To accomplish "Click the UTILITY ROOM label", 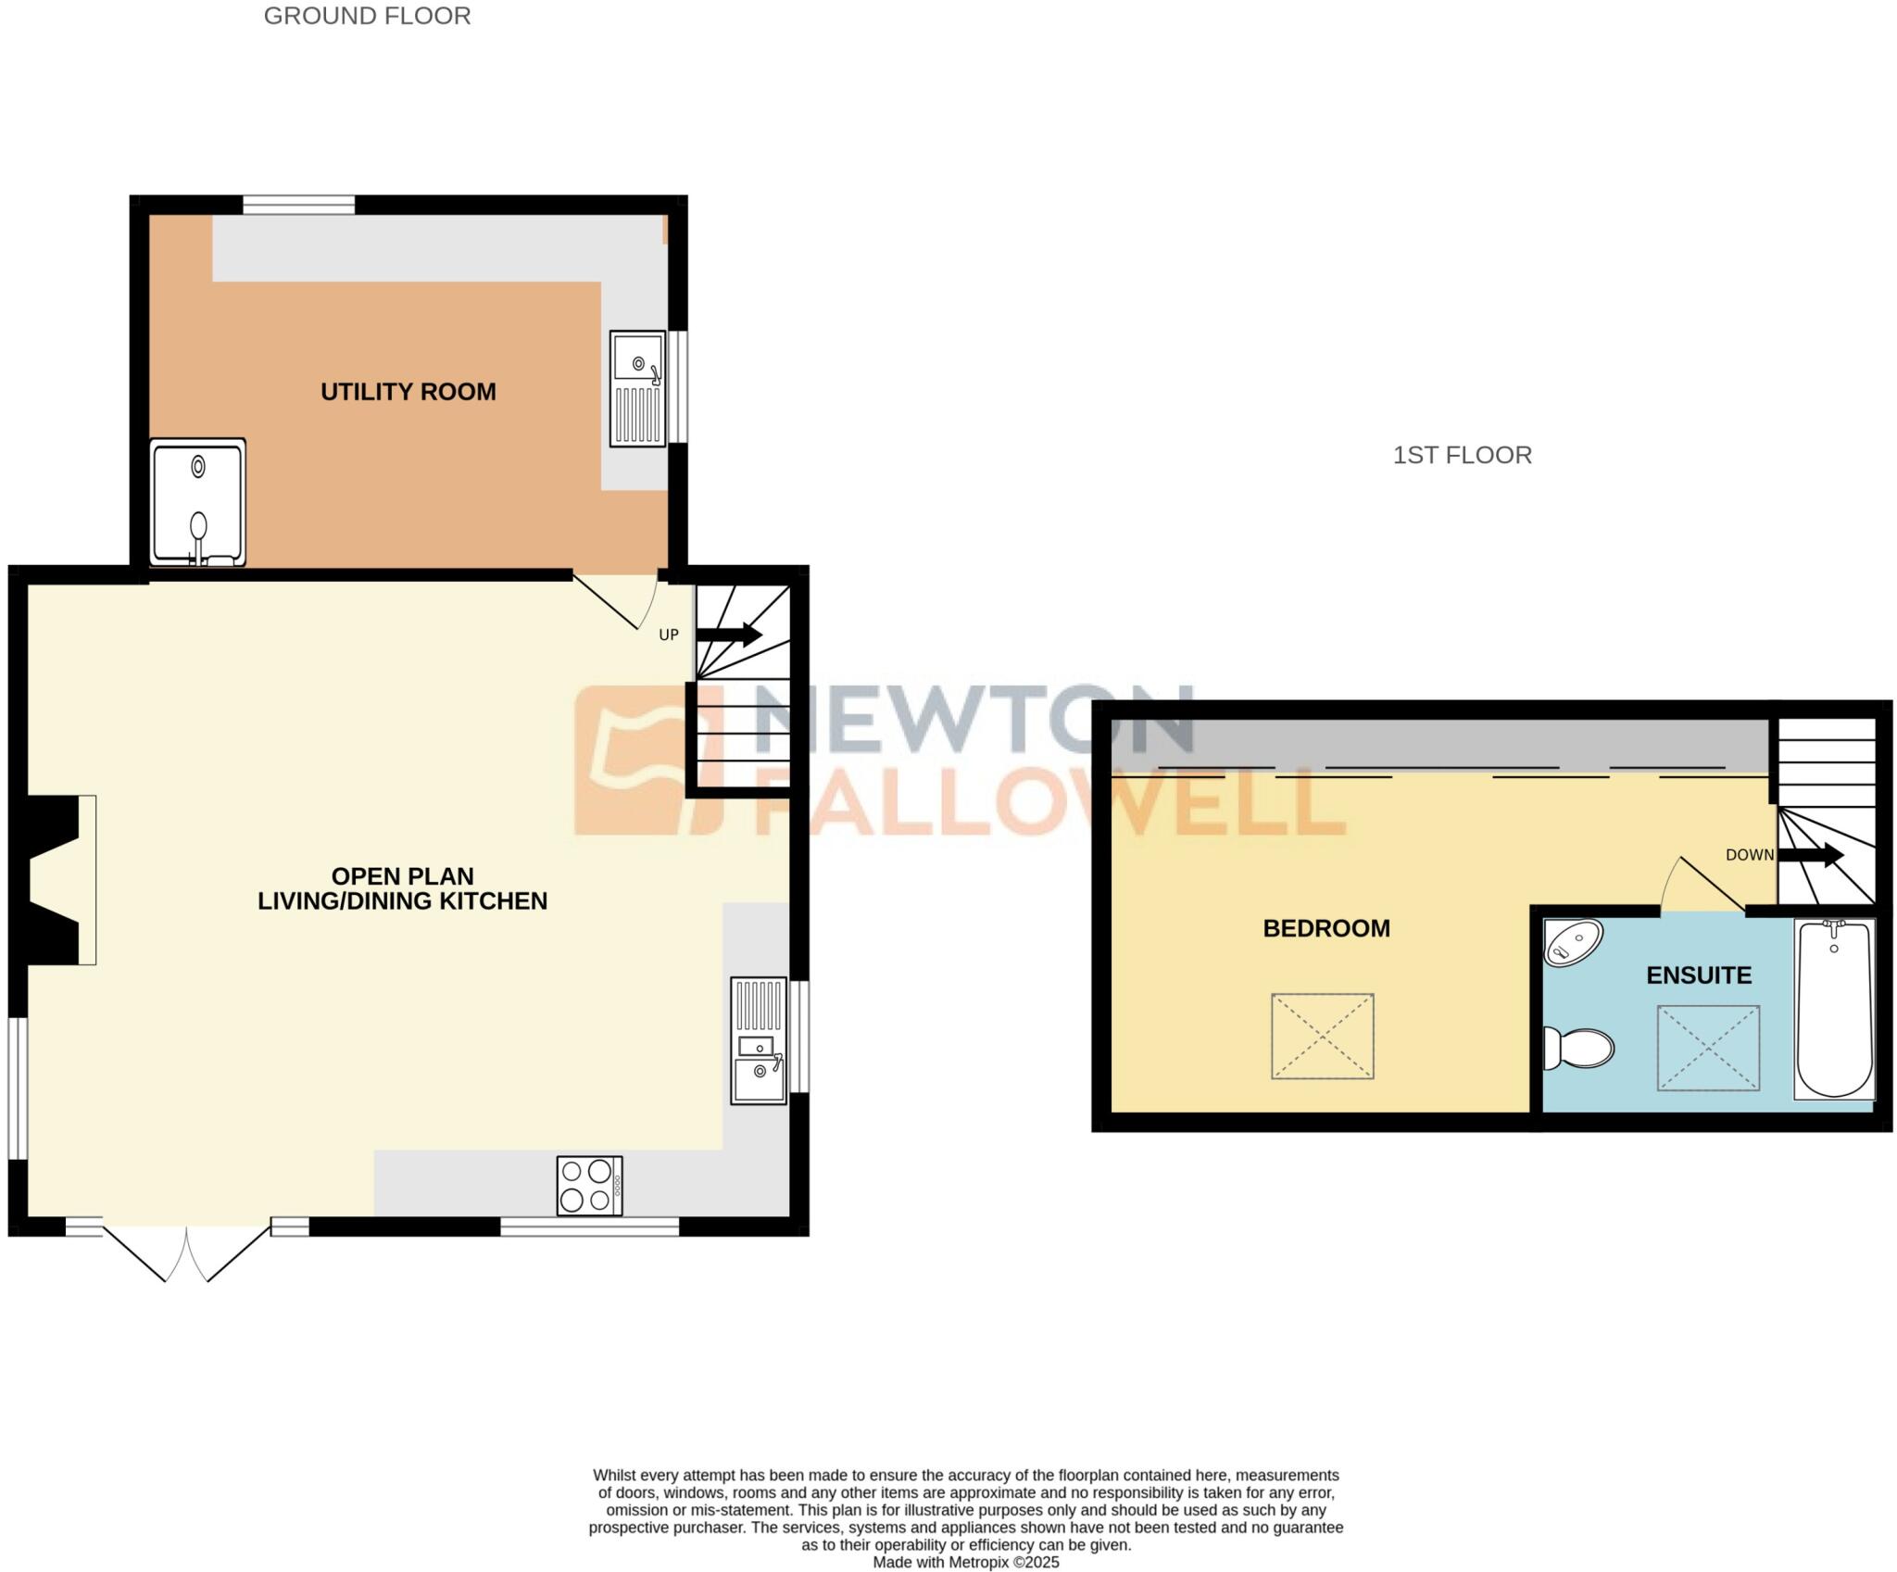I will tap(408, 392).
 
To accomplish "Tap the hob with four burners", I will tap(589, 1185).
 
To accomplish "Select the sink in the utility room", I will tap(637, 388).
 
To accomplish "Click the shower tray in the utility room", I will tap(198, 502).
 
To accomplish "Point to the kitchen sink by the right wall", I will tap(759, 1040).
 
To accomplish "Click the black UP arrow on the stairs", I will tap(729, 635).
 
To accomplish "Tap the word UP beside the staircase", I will tap(668, 635).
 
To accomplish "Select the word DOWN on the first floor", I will tap(1749, 855).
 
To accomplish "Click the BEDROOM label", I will tap(1325, 928).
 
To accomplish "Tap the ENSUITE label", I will tap(1698, 975).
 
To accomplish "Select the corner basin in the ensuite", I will tap(1573, 943).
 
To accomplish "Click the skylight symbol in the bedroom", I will tap(1322, 1037).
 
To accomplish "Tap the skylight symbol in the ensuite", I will tap(1707, 1048).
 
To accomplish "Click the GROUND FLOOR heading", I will tap(367, 16).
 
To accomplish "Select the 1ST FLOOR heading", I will tap(1462, 455).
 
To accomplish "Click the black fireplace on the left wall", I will tap(54, 880).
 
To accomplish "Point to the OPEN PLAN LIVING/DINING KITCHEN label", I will tap(402, 888).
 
